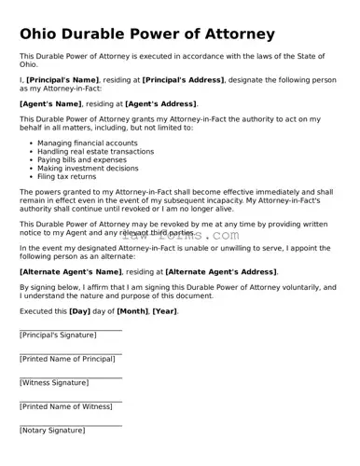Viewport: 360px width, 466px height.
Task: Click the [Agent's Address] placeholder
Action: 160,103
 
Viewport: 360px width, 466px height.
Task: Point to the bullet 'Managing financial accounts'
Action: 87,143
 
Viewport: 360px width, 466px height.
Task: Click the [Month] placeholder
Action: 132,310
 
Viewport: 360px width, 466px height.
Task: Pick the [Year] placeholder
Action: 164,310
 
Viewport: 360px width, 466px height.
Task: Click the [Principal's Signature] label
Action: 58,335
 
